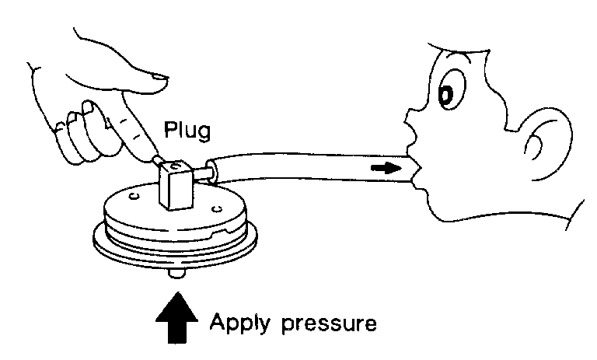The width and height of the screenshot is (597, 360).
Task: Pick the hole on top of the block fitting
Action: point(176,168)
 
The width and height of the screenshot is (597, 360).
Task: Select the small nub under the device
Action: point(178,274)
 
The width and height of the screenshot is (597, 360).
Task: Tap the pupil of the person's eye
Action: point(445,94)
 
